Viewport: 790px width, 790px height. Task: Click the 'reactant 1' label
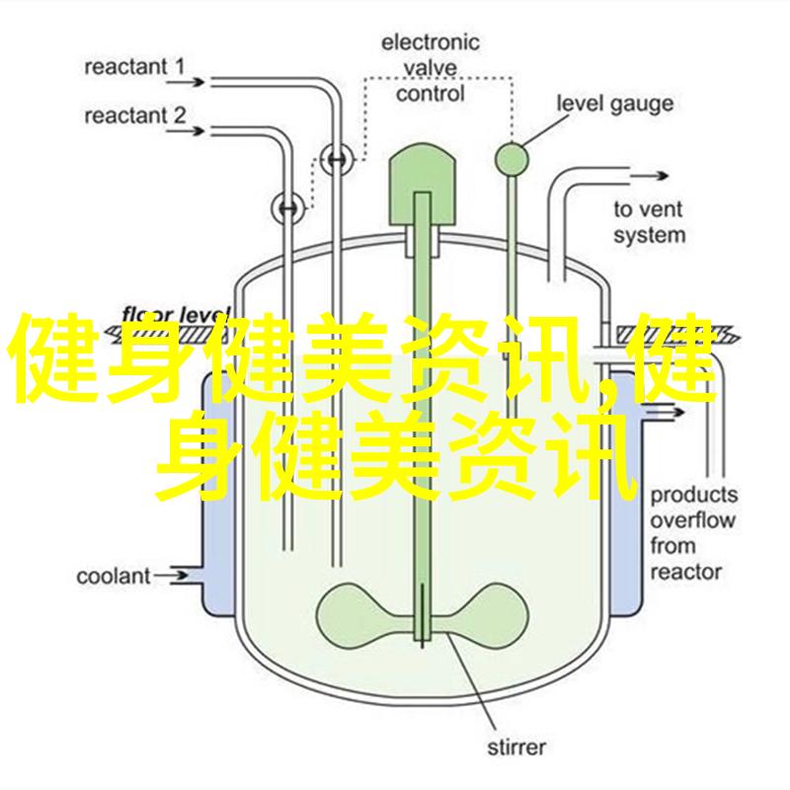click(x=134, y=66)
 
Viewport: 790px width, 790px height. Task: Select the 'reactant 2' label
click(x=134, y=116)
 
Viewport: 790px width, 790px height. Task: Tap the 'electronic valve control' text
click(x=431, y=67)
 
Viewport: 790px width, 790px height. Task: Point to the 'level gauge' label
click(x=614, y=103)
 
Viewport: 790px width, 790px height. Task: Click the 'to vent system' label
click(x=648, y=222)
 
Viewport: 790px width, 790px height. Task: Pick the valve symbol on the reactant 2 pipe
click(x=287, y=206)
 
